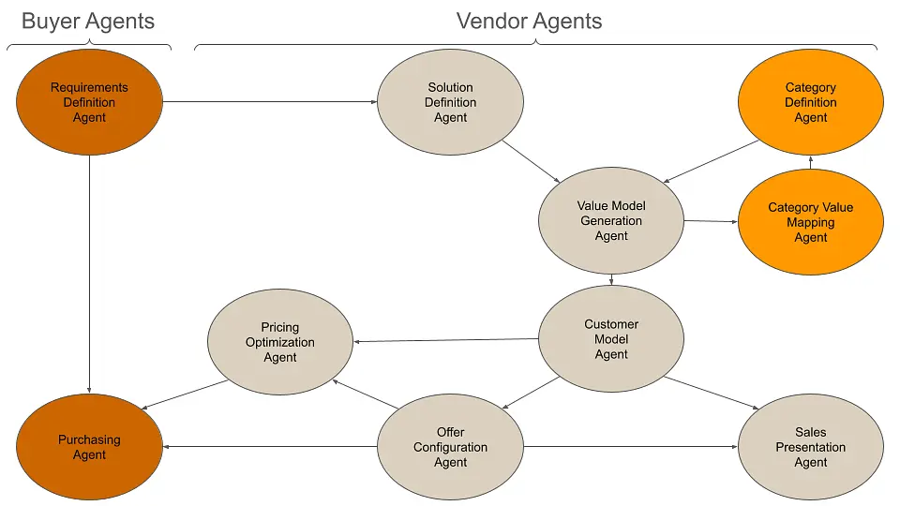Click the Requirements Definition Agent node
pyautogui.click(x=89, y=102)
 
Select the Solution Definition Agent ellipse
pyautogui.click(x=450, y=102)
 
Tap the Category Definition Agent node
pyautogui.click(x=810, y=102)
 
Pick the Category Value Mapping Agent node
pyautogui.click(x=810, y=222)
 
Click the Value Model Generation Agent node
pyautogui.click(x=611, y=221)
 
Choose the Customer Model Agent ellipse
pyautogui.click(x=611, y=339)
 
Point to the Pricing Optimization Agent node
pyautogui.click(x=279, y=342)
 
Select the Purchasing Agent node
pyautogui.click(x=89, y=447)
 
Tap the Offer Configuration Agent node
pyautogui.click(x=450, y=447)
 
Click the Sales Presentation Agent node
pyautogui.click(x=810, y=447)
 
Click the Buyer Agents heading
pyautogui.click(x=88, y=21)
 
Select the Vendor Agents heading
pyautogui.click(x=529, y=21)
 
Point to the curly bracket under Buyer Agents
pyautogui.click(x=89, y=46)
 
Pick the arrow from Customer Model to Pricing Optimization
pyautogui.click(x=445, y=339)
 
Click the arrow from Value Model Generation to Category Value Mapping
pyautogui.click(x=711, y=221)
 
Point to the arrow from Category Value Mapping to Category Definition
pyautogui.click(x=811, y=162)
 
